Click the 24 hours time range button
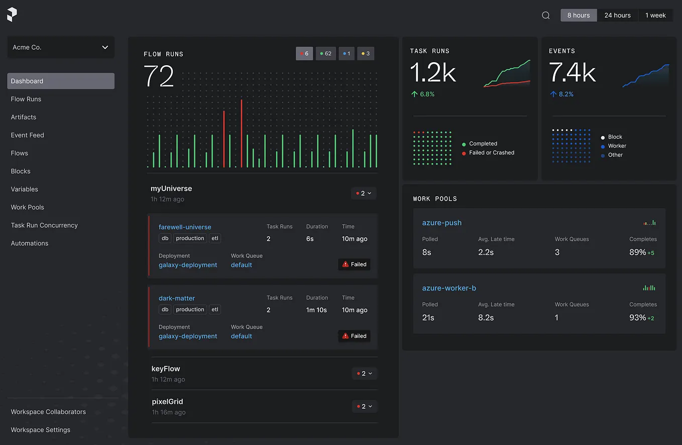[617, 15]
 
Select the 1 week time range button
[655, 15]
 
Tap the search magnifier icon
[546, 15]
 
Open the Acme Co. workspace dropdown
[61, 47]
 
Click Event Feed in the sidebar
[27, 135]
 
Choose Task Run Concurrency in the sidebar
[44, 225]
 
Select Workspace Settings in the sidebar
[40, 430]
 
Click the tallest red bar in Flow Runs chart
[242, 133]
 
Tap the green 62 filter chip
[326, 53]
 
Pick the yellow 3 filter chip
[366, 53]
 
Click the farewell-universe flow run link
[185, 227]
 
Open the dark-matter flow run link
[177, 298]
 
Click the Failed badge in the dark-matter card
[355, 336]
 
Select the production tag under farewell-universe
[190, 238]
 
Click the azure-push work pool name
[442, 223]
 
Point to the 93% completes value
[638, 318]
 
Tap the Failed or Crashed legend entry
[491, 153]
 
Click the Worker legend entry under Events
[617, 146]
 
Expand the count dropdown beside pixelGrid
[364, 406]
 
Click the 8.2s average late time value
[486, 318]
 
